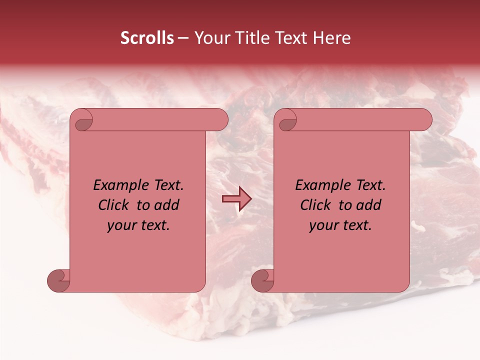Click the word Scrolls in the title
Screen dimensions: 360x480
point(147,38)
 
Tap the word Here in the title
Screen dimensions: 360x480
point(331,38)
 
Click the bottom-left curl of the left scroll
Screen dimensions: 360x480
point(58,280)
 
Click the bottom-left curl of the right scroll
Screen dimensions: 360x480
point(262,280)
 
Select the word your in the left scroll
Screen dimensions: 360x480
point(122,225)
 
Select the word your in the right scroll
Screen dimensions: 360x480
point(324,225)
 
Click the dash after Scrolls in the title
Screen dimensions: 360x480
point(183,38)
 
